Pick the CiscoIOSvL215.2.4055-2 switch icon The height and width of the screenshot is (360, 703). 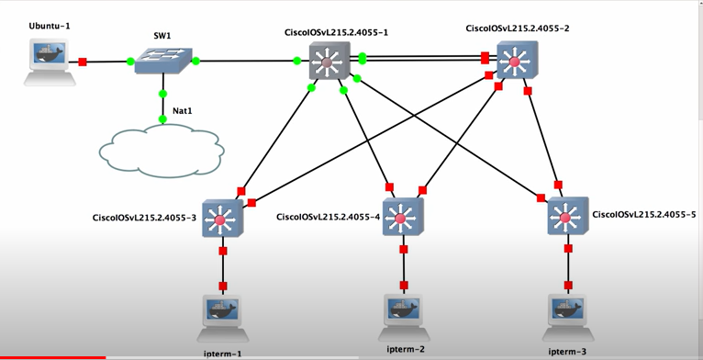(x=516, y=62)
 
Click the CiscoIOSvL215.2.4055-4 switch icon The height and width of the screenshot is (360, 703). (x=402, y=219)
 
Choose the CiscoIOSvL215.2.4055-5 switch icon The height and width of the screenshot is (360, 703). (x=567, y=218)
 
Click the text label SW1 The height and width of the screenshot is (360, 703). (x=162, y=36)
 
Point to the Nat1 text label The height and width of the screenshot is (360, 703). (x=183, y=110)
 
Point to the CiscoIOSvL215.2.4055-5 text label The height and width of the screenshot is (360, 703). (x=644, y=214)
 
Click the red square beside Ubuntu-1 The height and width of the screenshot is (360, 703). (x=83, y=62)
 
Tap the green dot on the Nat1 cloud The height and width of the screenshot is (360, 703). (x=162, y=119)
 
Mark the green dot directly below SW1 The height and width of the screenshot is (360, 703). (x=162, y=94)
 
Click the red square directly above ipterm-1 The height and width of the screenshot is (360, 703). (x=222, y=287)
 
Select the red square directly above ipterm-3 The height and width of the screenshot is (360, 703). (x=568, y=286)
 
